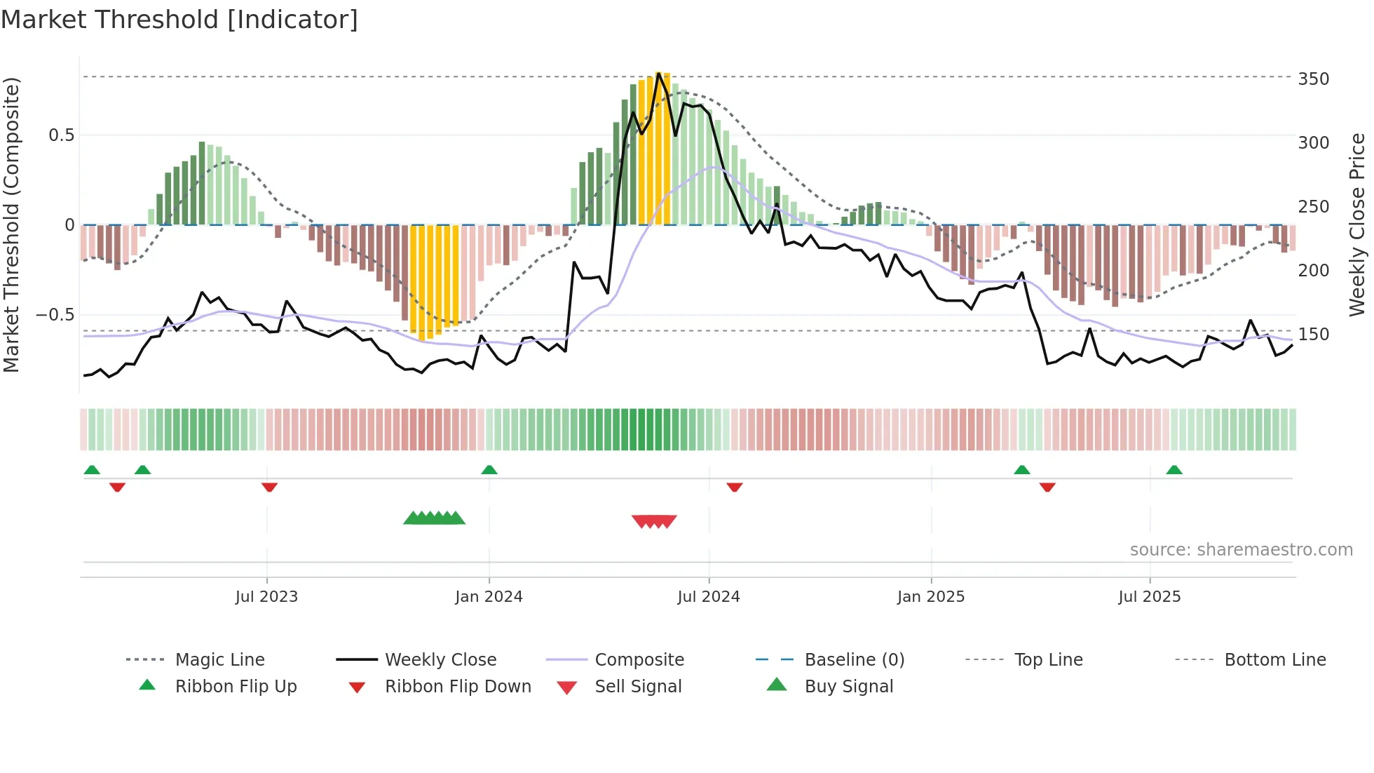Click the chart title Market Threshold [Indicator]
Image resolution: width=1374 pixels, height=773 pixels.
point(179,20)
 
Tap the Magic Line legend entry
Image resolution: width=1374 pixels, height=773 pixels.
point(219,660)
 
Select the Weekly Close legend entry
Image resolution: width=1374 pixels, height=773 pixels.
point(440,660)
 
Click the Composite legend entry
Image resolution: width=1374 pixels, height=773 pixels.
point(639,660)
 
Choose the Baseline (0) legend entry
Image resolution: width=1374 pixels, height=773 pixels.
point(854,660)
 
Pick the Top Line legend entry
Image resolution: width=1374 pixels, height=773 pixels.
point(1048,660)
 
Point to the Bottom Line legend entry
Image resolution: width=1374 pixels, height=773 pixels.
point(1274,660)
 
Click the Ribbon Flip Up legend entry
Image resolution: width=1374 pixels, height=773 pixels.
point(236,687)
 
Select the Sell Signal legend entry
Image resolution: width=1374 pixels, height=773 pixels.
point(637,687)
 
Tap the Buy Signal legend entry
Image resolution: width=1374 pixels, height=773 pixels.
point(848,687)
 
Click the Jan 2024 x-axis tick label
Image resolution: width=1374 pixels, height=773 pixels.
point(489,597)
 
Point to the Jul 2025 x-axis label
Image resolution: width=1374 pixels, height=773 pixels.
point(1149,597)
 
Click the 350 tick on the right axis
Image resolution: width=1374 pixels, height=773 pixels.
point(1313,79)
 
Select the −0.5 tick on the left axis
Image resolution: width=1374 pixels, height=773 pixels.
point(55,315)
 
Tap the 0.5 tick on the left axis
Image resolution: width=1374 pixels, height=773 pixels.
point(61,135)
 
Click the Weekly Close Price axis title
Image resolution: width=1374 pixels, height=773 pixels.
point(1357,224)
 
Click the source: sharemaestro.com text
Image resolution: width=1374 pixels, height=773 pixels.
point(1241,550)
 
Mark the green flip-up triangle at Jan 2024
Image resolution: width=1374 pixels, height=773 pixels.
point(489,470)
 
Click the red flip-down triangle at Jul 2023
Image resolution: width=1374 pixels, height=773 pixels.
point(269,487)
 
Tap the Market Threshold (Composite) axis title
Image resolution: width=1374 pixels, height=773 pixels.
point(12,224)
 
